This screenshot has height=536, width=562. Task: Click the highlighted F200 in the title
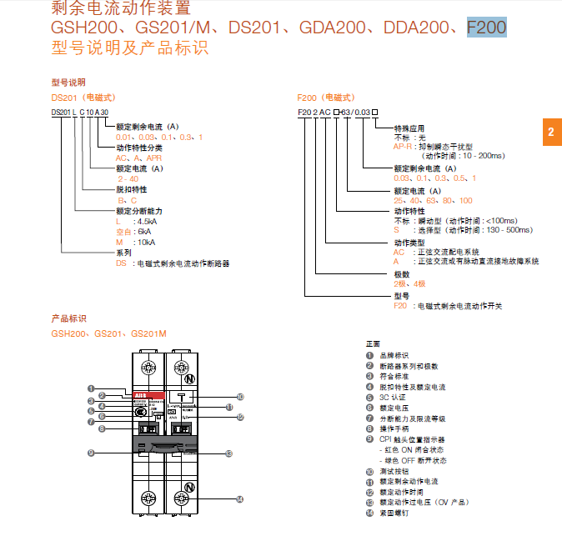point(486,28)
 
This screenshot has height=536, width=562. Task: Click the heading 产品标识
point(68,318)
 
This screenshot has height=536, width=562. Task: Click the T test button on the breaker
point(181,397)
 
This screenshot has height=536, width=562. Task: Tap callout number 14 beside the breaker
point(239,499)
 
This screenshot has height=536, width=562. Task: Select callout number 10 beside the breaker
point(239,397)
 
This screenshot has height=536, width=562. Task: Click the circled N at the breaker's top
point(189,378)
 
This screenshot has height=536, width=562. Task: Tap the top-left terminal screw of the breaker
point(150,367)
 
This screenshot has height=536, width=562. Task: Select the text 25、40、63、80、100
point(433,200)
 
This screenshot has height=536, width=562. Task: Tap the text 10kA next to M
point(145,242)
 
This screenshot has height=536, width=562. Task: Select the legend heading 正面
point(373,344)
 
